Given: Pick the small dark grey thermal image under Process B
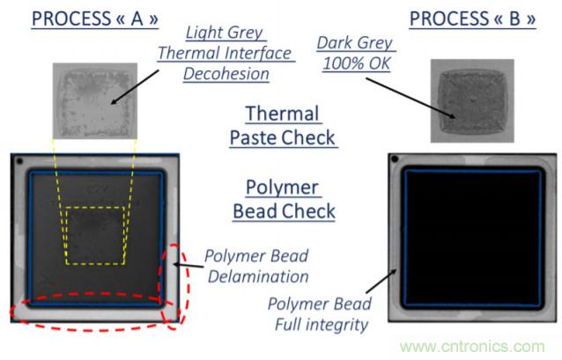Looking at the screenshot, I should (470, 100).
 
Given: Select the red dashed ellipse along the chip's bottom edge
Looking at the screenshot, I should (92, 309).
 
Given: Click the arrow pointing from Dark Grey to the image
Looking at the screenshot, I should (413, 94).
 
